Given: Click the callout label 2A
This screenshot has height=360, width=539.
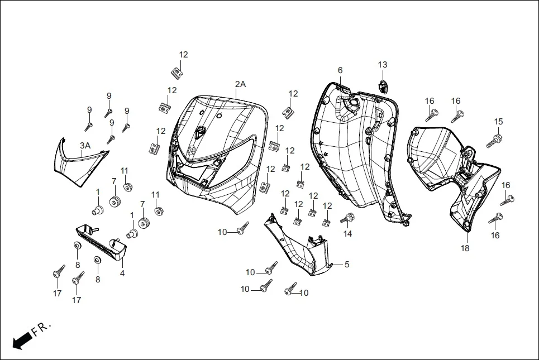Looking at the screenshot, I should (240, 84).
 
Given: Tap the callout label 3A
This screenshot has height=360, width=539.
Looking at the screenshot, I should (84, 146).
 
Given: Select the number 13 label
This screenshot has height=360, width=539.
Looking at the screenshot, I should (382, 65).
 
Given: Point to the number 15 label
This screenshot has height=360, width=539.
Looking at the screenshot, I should (498, 122).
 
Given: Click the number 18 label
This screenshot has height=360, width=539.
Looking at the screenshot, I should (465, 247).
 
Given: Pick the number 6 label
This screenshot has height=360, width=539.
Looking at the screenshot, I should (340, 70).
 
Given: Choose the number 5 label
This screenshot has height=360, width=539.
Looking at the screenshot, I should (346, 265).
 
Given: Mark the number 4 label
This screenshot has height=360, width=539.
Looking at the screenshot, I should (122, 273).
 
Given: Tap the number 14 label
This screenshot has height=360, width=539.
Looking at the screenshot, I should (347, 234).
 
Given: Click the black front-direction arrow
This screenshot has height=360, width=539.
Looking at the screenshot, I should (21, 340).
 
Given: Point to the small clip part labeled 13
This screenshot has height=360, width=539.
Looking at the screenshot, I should (383, 84).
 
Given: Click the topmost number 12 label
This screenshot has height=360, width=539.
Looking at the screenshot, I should (183, 55).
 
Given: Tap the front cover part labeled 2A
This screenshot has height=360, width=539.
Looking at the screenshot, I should (215, 151).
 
